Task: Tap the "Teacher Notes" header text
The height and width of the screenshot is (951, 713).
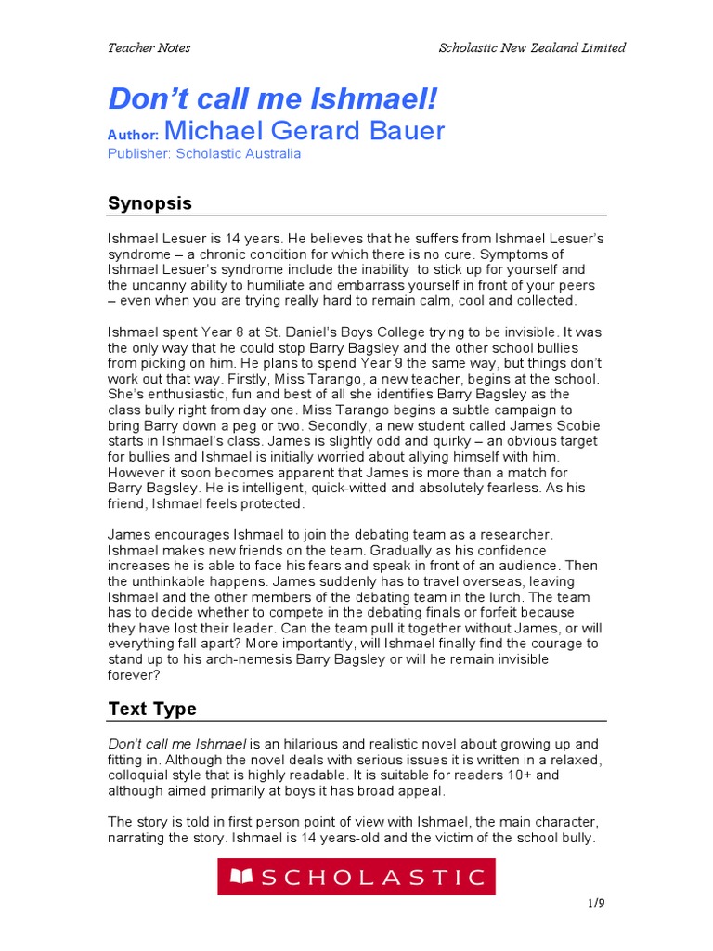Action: click(149, 48)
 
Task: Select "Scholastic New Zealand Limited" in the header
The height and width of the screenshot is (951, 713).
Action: click(532, 48)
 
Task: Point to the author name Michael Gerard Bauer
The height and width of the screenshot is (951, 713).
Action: click(305, 131)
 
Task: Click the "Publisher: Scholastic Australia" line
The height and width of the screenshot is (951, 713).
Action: click(204, 154)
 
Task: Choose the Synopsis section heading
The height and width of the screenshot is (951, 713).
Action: click(150, 203)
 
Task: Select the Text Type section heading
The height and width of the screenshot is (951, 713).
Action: click(152, 709)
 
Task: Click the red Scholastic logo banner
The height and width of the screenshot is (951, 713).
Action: click(356, 877)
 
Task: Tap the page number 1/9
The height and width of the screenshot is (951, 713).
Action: click(595, 903)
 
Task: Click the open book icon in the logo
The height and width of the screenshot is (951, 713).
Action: click(241, 877)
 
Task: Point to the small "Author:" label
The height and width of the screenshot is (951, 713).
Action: click(134, 135)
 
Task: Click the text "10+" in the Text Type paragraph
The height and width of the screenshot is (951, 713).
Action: click(521, 775)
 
